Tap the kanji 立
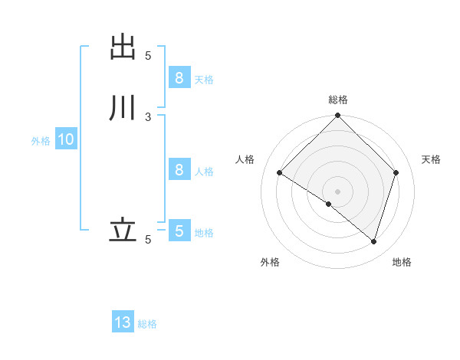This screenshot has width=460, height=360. (x=123, y=229)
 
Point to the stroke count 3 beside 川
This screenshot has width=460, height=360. (x=148, y=116)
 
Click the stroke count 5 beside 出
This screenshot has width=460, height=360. (x=148, y=55)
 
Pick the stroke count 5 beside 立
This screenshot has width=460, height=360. (x=148, y=240)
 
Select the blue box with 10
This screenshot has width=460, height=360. (x=65, y=139)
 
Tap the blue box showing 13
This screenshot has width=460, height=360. (x=123, y=322)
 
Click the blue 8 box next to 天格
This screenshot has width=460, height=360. (x=179, y=77)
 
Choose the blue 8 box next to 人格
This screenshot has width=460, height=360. (x=179, y=169)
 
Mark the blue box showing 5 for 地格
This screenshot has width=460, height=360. (x=179, y=231)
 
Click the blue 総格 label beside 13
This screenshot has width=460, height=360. (x=147, y=324)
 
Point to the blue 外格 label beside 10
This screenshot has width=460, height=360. (x=41, y=141)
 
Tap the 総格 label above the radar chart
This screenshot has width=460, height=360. (x=338, y=100)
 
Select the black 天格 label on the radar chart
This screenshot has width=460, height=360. (x=431, y=159)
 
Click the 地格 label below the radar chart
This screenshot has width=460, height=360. (x=402, y=262)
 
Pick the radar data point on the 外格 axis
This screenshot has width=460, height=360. (x=329, y=204)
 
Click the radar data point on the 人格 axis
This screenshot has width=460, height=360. (x=280, y=173)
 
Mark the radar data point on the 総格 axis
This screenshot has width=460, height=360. (x=338, y=116)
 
